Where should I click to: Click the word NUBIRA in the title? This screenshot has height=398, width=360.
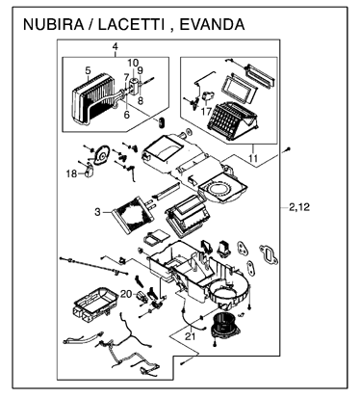[x=53, y=24]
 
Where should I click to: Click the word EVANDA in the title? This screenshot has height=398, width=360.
[x=212, y=24]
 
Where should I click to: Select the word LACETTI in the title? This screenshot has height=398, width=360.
[x=131, y=24]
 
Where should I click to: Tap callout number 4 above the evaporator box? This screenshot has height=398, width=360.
[x=116, y=47]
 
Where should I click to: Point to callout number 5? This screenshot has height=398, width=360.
[x=88, y=70]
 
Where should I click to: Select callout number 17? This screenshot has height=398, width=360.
[x=206, y=112]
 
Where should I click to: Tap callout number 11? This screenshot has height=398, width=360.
[x=253, y=158]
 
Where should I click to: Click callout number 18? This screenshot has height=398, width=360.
[x=71, y=173]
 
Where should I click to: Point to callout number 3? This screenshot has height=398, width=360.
[x=97, y=212]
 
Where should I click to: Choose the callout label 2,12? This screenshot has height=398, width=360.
[x=299, y=207]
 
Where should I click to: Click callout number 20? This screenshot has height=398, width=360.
[x=126, y=294]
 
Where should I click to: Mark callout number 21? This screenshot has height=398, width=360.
[x=190, y=336]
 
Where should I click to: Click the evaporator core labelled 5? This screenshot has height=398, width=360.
[x=93, y=98]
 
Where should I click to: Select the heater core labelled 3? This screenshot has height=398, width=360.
[x=132, y=216]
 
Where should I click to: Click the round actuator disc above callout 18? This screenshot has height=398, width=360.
[x=101, y=156]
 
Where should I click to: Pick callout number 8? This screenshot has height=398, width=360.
[x=141, y=100]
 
